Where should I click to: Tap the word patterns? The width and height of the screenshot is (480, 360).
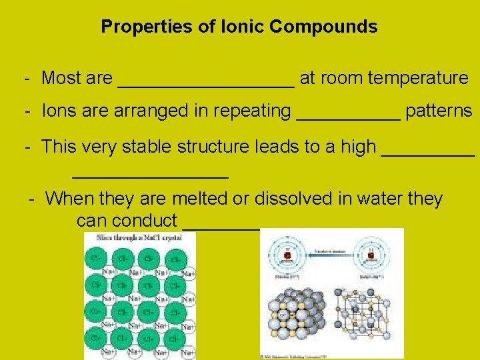439,111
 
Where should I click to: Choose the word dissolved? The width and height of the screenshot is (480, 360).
300,199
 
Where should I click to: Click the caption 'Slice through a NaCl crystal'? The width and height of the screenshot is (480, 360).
138,238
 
